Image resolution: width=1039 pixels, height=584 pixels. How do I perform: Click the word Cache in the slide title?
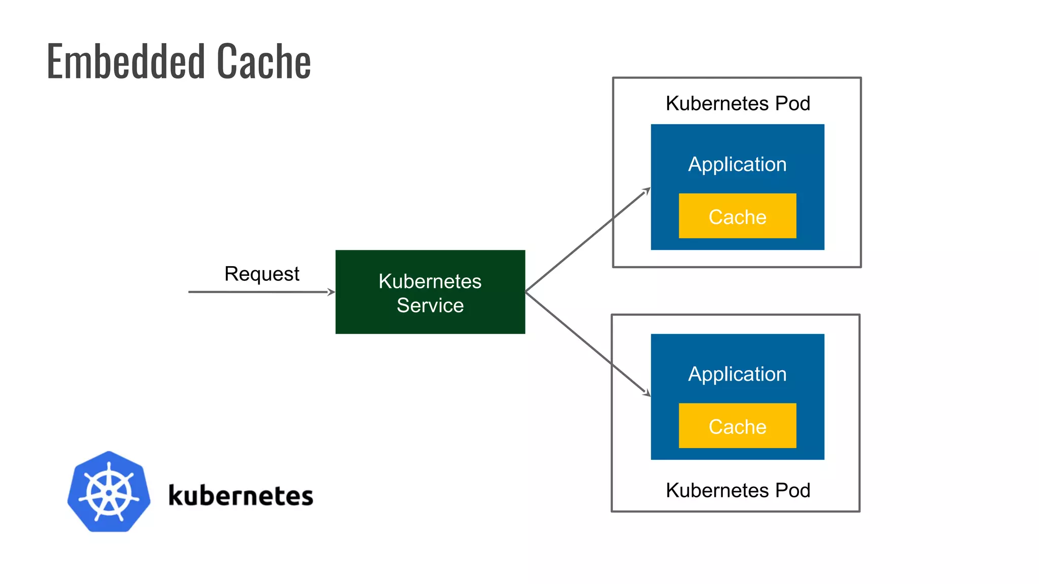pos(264,62)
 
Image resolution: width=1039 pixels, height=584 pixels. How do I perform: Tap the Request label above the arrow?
pos(262,274)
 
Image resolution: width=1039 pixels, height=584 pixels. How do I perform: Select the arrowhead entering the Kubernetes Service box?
pos(331,292)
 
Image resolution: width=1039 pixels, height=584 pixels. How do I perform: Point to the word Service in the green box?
pos(430,306)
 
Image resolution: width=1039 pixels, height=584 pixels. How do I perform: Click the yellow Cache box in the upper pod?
pos(737,216)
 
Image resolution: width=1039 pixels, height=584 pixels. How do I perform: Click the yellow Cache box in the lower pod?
pos(737,426)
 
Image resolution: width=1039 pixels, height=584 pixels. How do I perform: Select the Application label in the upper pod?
pos(737,164)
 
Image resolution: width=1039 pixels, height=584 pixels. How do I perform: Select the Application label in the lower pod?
pos(737,374)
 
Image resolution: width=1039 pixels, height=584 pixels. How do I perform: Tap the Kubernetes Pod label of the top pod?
pos(737,103)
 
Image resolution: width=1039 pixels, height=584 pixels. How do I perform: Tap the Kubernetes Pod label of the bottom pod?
pos(737,490)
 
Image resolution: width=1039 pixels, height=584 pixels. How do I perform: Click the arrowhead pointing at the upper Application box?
pos(647,191)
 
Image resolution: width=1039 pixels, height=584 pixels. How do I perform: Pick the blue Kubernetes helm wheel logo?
pos(109,492)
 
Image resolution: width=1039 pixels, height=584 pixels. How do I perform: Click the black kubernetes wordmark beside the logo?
pos(240,495)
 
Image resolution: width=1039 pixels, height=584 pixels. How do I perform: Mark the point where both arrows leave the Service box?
pos(526,291)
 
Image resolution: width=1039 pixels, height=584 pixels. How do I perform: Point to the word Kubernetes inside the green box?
pos(430,281)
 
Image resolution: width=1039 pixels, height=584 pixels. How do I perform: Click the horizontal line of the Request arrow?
pos(254,292)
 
